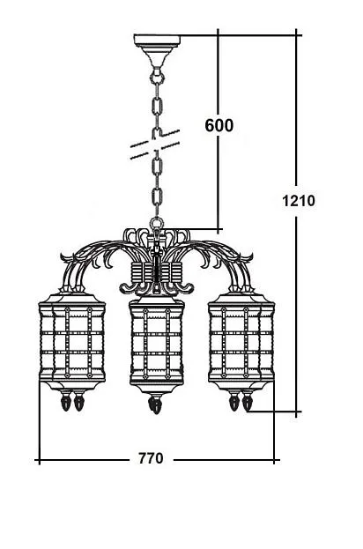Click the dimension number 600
(219, 125)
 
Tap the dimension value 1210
(299, 201)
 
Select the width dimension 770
(151, 458)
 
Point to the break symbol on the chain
(155, 145)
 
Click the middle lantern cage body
(157, 341)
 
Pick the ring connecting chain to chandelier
(157, 223)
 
